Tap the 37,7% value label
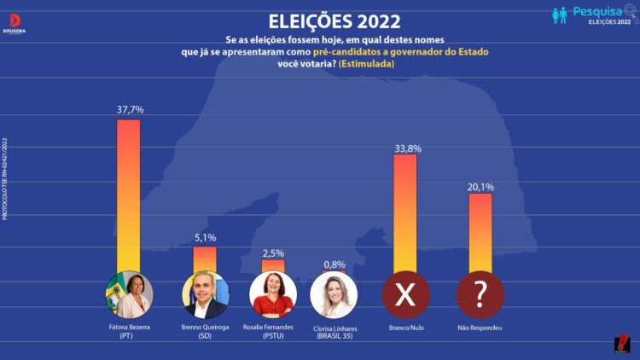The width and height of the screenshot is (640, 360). tap(130, 110)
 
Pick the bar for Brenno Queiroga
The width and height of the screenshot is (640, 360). tap(205, 258)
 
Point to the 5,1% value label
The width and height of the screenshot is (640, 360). tap(206, 238)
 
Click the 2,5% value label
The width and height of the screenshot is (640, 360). tap(273, 253)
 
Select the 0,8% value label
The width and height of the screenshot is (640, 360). tap(335, 264)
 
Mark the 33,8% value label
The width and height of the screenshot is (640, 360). tap(407, 148)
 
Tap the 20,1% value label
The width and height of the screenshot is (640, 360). tap(480, 186)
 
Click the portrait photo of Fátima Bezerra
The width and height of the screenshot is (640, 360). tap(129, 295)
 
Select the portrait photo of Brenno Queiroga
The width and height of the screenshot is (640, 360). tap(206, 295)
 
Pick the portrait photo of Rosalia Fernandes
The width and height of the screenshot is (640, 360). tap(273, 295)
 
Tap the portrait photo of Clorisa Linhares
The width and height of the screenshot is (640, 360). tap(334, 295)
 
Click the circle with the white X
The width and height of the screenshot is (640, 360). tap(405, 295)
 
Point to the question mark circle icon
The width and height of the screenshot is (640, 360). tap(480, 295)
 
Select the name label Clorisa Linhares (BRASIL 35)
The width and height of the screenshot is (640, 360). tap(335, 332)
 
